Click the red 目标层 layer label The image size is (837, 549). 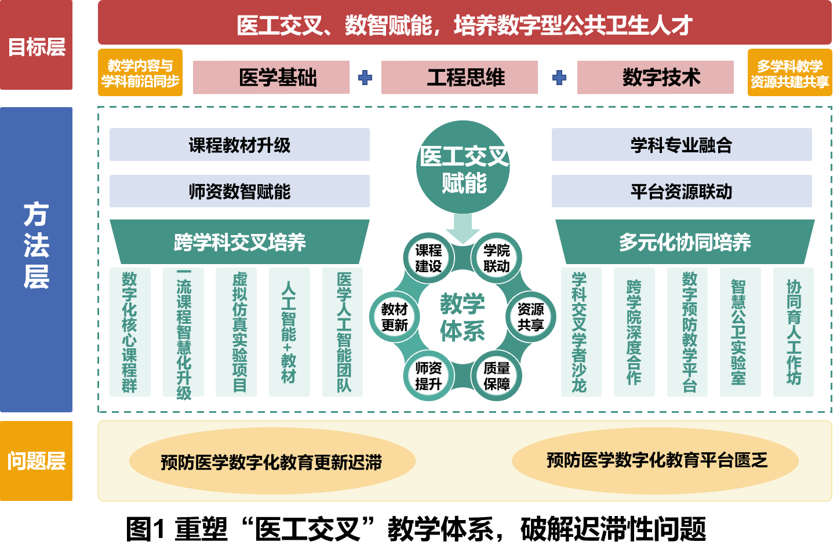pos(36,46)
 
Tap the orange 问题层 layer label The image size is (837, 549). pos(36,461)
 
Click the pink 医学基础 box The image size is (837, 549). pos(271,77)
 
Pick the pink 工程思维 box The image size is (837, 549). pos(459,77)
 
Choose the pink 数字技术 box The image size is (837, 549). pos(655,77)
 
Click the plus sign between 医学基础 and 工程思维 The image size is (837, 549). pos(365,78)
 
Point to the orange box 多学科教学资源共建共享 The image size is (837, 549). pos(789,73)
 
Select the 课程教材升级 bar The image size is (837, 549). pos(239,145)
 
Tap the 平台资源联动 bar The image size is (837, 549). pos(682,192)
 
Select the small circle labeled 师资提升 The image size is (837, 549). pos(428,376)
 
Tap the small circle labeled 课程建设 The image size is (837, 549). pos(428,258)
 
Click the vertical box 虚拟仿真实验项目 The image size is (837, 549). pos(236,332)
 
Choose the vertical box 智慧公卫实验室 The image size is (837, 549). pos(740,332)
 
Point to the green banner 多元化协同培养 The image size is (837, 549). pos(685,242)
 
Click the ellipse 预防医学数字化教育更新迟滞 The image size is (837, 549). pos(272,462)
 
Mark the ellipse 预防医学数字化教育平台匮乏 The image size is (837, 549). pos(656,460)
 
